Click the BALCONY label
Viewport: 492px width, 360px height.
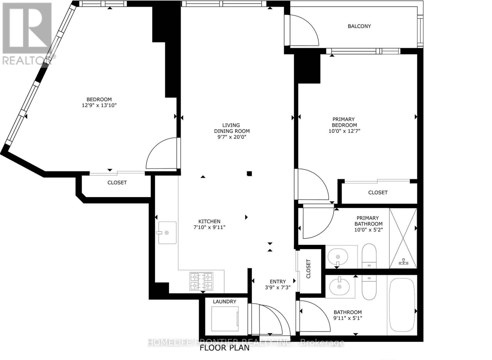(359, 26)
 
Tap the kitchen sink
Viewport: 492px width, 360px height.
(167, 233)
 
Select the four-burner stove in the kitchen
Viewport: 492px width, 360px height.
(201, 281)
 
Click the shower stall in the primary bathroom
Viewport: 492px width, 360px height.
(403, 238)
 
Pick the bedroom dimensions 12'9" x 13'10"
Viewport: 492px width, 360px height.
(99, 105)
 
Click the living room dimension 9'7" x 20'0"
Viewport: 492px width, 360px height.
(232, 137)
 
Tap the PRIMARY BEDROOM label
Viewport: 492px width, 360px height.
(344, 122)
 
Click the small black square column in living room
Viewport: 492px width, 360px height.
(249, 174)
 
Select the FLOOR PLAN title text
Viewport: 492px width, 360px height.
(224, 348)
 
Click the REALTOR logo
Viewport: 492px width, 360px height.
(27, 34)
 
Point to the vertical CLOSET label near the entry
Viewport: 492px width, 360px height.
(308, 269)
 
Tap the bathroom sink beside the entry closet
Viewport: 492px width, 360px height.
(339, 286)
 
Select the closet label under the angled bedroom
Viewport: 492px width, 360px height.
(117, 182)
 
